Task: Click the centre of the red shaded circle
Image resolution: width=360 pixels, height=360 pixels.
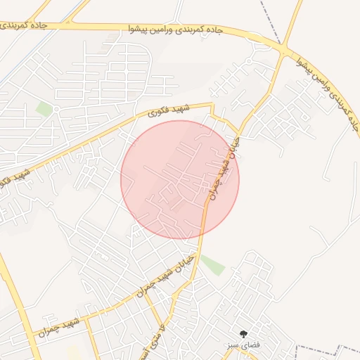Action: tap(180, 179)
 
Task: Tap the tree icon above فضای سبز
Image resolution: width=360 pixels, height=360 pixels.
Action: tap(243, 334)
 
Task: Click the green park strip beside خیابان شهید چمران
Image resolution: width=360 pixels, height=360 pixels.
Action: tap(212, 265)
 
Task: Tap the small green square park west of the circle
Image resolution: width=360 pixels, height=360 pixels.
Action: tap(45, 109)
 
